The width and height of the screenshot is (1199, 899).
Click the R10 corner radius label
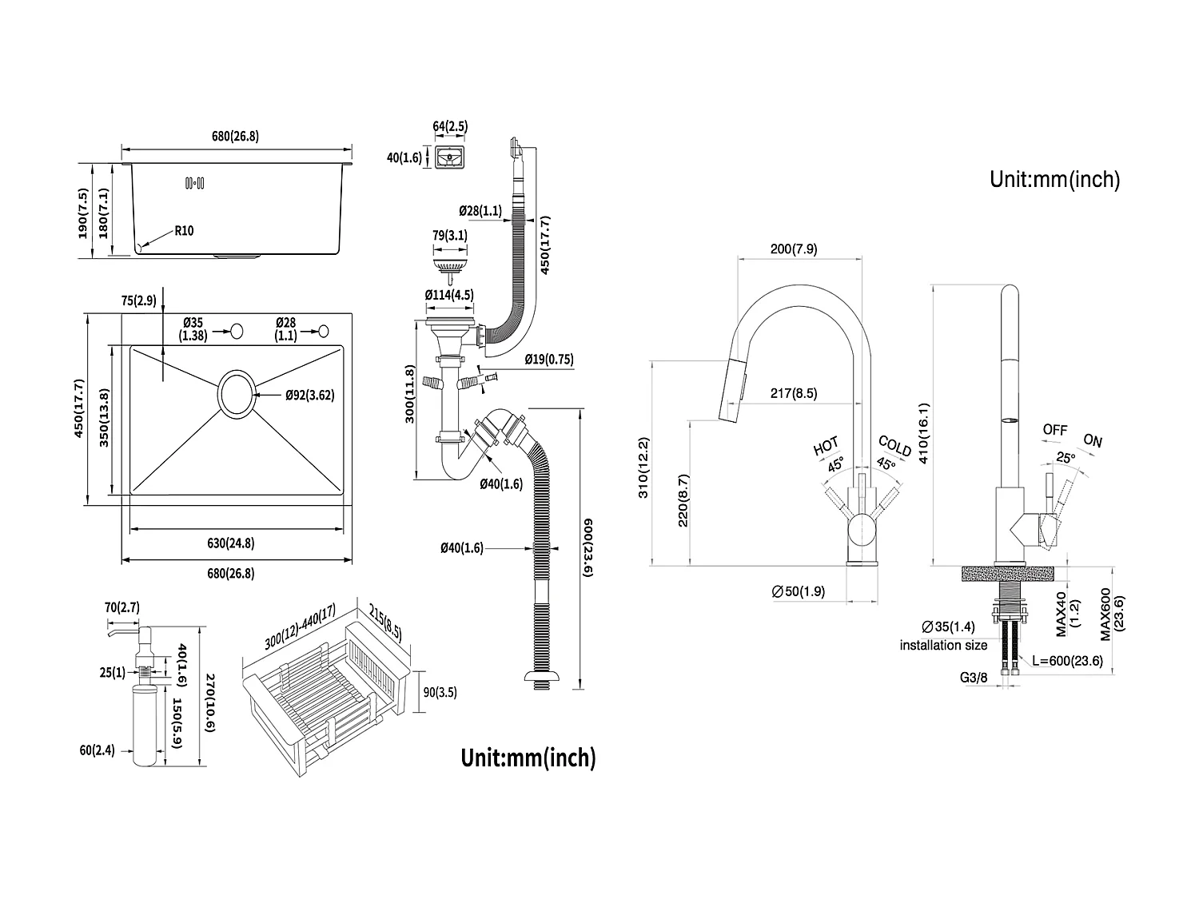pos(183,232)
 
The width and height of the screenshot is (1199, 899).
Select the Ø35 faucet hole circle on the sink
pos(237,330)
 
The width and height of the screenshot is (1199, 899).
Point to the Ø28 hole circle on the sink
pos(324,330)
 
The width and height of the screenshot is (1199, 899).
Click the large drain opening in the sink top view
pos(237,393)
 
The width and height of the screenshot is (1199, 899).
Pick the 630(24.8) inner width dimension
pos(230,543)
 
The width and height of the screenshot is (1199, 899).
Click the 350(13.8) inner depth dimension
pos(105,418)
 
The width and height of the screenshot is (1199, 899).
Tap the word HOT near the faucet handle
pos(826,446)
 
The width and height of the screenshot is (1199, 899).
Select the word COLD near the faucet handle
pos(894,446)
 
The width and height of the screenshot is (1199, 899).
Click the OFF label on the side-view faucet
pos(1054,430)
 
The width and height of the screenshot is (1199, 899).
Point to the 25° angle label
pos(1065,458)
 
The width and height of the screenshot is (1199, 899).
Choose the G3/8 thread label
pos(973,678)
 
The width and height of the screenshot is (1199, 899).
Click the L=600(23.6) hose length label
pos(1067,661)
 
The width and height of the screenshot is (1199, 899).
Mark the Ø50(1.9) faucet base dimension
pos(799,591)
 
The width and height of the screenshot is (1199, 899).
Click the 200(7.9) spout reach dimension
pos(793,249)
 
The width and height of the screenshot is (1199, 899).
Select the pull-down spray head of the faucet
pos(733,392)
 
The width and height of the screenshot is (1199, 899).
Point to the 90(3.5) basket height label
pos(440,693)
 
